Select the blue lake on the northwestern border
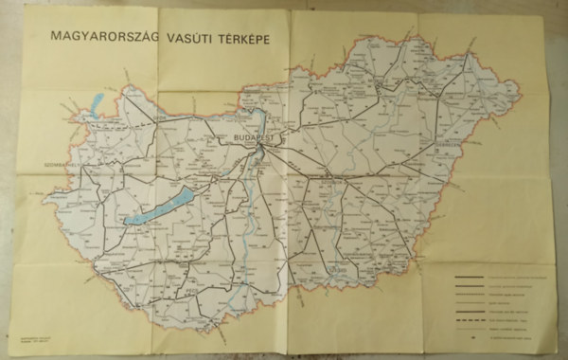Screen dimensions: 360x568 click(95, 103)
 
